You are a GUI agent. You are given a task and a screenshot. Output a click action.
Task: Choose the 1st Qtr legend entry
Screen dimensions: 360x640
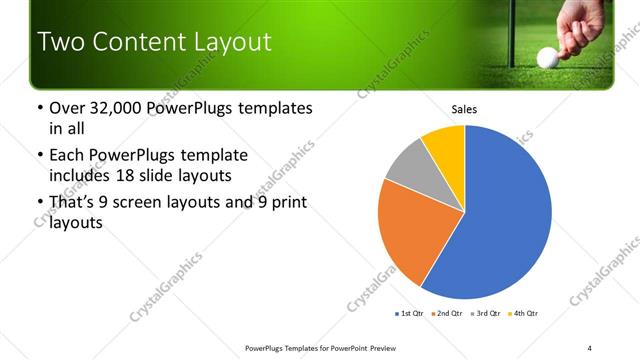point(411,314)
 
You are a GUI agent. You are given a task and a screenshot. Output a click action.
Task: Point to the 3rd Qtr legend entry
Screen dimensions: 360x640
point(486,314)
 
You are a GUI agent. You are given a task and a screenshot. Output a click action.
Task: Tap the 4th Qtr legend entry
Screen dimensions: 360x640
point(523,314)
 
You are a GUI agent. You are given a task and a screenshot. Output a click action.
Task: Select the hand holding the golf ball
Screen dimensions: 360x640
point(580,25)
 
